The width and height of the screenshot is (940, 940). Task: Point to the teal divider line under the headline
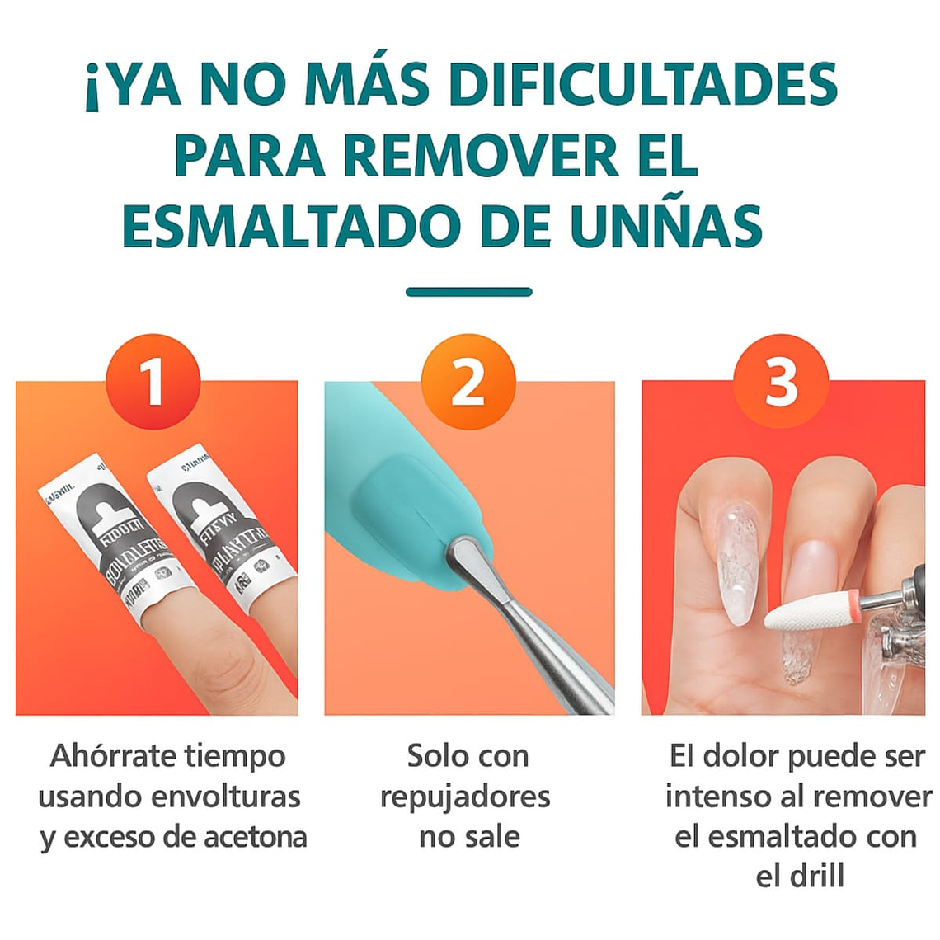(469, 292)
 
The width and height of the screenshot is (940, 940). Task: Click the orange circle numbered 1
(153, 382)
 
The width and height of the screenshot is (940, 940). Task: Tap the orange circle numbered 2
(468, 382)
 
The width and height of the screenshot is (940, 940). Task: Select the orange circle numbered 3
(780, 382)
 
